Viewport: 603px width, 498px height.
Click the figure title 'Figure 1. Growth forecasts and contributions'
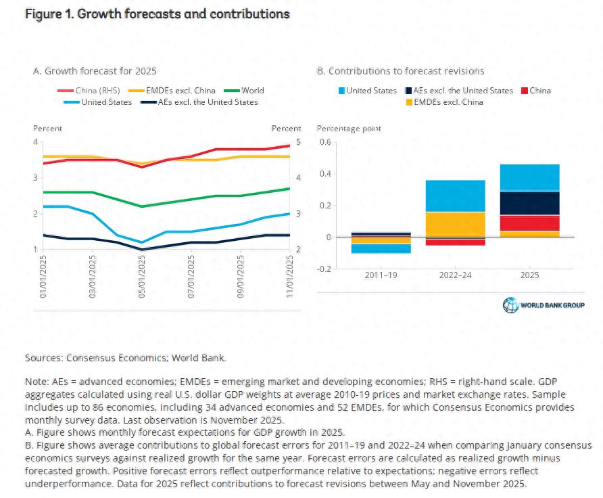click(x=158, y=14)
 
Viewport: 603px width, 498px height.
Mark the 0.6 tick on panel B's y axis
click(x=324, y=142)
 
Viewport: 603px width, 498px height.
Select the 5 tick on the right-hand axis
click(x=298, y=142)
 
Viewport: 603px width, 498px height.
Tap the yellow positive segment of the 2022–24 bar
click(x=455, y=224)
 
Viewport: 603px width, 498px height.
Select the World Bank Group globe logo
click(x=510, y=305)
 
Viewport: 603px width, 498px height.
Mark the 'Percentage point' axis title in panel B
click(x=349, y=129)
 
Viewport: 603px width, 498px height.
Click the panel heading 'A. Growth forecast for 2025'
click(x=95, y=70)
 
